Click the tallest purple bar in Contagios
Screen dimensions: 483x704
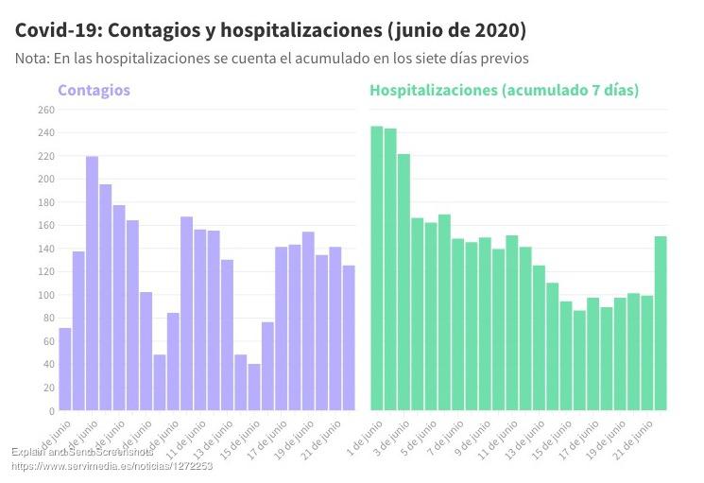92,284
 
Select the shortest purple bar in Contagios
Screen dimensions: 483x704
254,387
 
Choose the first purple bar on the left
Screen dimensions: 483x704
65,369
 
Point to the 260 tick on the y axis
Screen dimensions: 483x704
46,110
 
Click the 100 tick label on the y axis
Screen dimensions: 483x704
46,295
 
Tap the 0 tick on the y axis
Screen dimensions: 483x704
51,411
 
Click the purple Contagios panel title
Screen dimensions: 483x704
94,91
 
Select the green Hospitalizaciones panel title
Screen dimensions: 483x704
504,91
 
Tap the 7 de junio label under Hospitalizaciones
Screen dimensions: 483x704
443,436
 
